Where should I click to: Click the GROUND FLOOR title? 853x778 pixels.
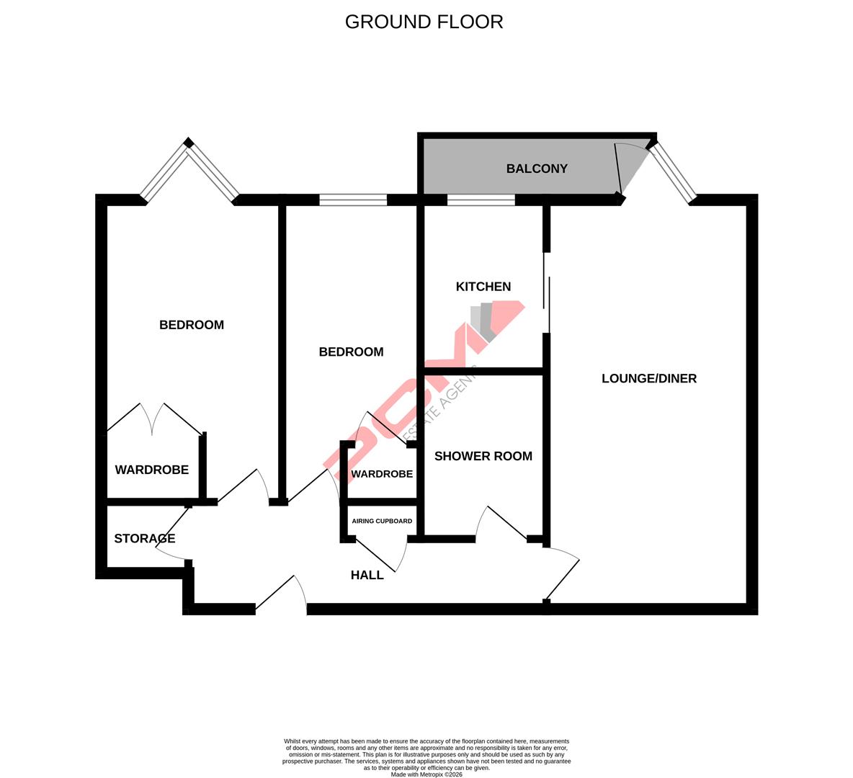(424, 22)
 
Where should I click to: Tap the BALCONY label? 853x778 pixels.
(537, 169)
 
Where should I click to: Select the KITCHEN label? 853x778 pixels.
(483, 287)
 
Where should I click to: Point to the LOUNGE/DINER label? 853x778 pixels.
(649, 378)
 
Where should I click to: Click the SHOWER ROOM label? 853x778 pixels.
(483, 456)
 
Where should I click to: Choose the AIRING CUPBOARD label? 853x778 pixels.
(382, 521)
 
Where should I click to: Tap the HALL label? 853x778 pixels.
(367, 575)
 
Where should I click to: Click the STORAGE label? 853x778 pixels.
(144, 539)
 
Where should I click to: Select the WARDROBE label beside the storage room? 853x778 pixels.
(152, 470)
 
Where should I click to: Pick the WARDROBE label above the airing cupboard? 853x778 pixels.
(382, 474)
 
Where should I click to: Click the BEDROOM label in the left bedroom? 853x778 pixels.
(192, 325)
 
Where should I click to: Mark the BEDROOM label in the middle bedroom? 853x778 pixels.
(351, 352)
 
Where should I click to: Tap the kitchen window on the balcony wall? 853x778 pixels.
(481, 200)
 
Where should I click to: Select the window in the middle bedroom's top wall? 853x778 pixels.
(353, 200)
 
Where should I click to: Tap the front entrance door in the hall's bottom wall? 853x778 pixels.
(281, 594)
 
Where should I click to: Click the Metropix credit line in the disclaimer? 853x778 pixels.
(426, 774)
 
